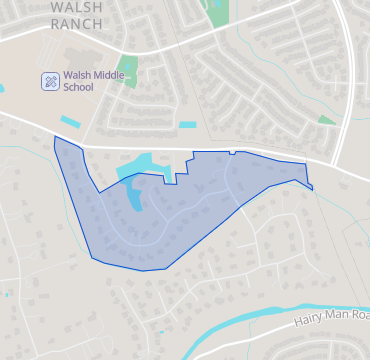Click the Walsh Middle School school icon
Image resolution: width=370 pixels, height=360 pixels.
[49, 81]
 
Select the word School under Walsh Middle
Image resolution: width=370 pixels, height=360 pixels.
[78, 87]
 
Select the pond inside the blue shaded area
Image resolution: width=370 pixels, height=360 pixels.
[135, 195]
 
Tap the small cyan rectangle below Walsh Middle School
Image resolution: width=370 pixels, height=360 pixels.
[70, 121]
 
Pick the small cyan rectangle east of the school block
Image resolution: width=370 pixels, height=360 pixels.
[188, 125]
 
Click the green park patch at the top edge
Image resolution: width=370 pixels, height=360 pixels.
[215, 12]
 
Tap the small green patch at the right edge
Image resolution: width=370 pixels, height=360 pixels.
[327, 120]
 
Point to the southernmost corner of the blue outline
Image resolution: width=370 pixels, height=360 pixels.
[146, 270]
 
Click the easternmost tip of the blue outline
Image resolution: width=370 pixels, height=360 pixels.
[312, 188]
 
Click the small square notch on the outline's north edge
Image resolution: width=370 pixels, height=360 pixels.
[232, 152]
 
